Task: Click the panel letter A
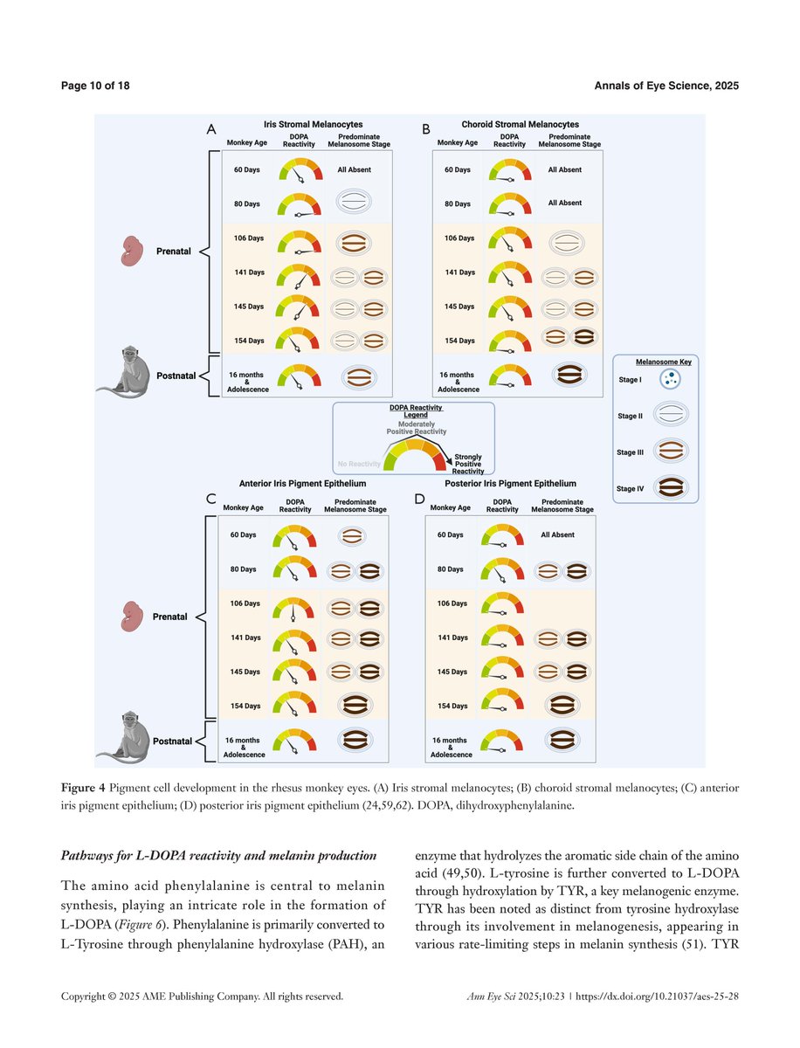[210, 129]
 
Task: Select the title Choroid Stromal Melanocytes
[520, 125]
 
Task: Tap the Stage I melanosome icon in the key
[672, 379]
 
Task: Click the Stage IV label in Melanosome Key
[631, 488]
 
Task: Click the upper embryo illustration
[134, 250]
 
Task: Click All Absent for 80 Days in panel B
[564, 203]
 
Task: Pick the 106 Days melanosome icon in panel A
[355, 238]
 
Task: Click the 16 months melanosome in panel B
[569, 375]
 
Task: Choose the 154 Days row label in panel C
[242, 706]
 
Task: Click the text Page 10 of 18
[95, 85]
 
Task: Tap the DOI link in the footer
[658, 996]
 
